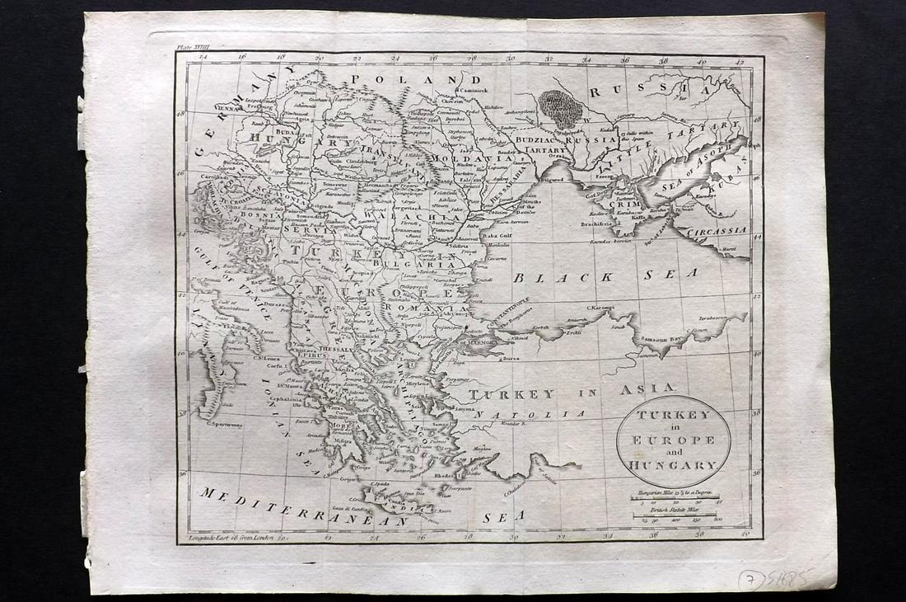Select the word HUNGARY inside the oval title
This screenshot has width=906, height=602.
pos(674,466)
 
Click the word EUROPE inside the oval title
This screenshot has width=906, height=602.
pos(674,440)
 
